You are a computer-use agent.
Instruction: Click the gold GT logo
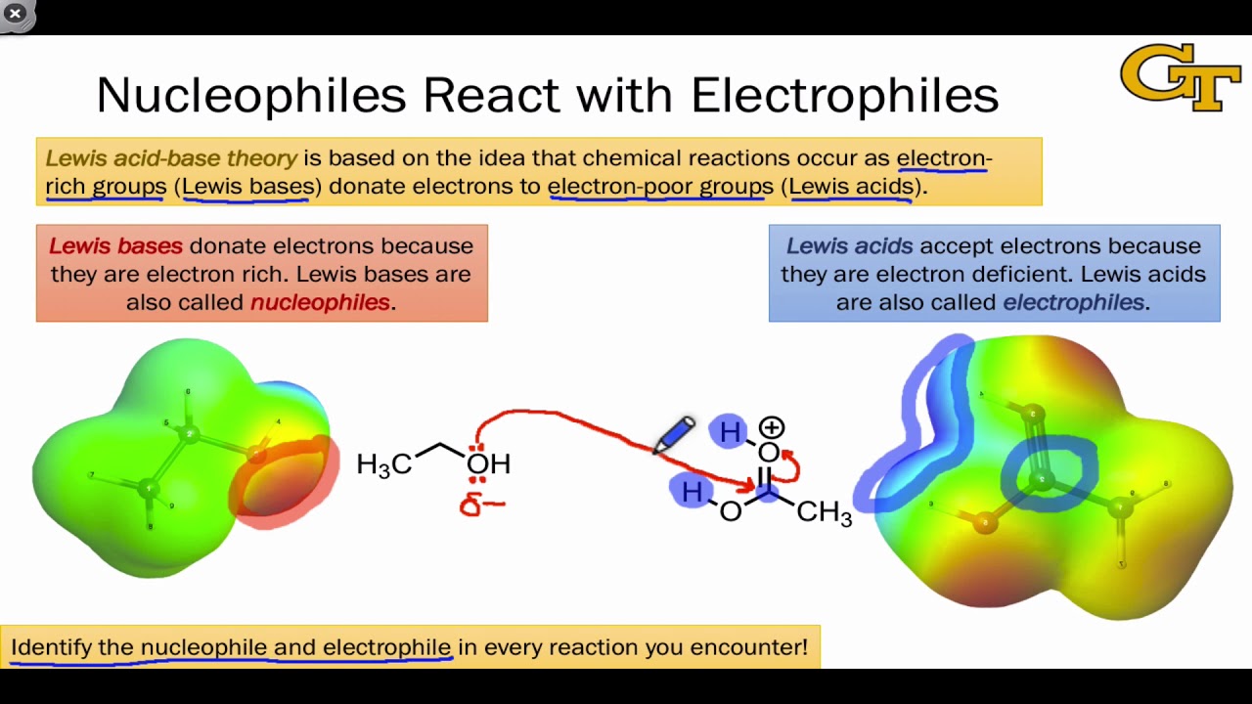pos(1181,77)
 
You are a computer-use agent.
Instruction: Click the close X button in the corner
pos(16,14)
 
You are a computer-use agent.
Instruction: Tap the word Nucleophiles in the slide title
pos(250,96)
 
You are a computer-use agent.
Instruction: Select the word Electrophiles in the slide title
pos(844,96)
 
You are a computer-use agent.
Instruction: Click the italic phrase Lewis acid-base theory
pos(171,158)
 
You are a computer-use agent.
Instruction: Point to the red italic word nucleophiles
pos(320,302)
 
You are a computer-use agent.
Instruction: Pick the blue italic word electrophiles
pos(1073,302)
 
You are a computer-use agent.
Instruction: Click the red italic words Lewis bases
pos(115,245)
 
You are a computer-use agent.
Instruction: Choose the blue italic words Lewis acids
pos(849,245)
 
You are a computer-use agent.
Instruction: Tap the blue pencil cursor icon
pos(675,434)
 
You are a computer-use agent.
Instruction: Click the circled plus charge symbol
pos(772,427)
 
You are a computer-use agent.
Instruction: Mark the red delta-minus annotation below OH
pos(481,505)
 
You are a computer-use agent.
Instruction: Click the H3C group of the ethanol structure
pos(383,464)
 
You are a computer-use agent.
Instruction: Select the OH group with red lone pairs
pos(488,462)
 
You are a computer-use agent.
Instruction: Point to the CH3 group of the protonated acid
pos(824,511)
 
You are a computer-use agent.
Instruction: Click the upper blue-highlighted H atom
pos(730,431)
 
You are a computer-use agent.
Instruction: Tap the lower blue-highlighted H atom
pos(692,491)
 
